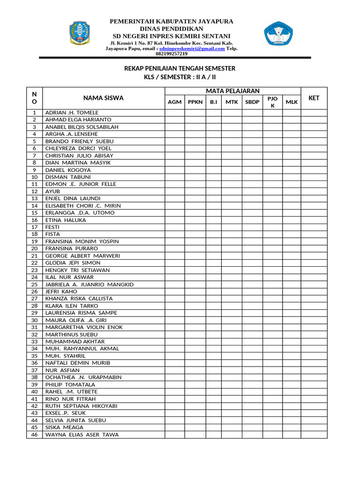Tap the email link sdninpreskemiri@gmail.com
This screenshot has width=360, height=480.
point(192,48)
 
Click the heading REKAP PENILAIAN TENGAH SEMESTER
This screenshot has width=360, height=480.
point(180,68)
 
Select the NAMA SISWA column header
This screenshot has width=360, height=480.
point(104,98)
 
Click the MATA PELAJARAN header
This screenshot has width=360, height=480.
point(232,91)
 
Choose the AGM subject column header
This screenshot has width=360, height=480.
point(174,102)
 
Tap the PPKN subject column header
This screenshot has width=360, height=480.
point(195,102)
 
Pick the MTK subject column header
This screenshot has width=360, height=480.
point(232,102)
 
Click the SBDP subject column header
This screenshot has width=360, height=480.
point(252,102)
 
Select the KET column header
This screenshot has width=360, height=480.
point(314,98)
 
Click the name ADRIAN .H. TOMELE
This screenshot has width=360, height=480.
point(72,112)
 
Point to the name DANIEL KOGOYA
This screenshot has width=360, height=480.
point(68,170)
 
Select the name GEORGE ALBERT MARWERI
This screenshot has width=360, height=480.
point(82,255)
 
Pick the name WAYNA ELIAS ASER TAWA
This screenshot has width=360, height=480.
point(82,435)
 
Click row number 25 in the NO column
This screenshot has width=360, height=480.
point(34,284)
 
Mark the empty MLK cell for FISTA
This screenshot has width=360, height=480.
point(291,234)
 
